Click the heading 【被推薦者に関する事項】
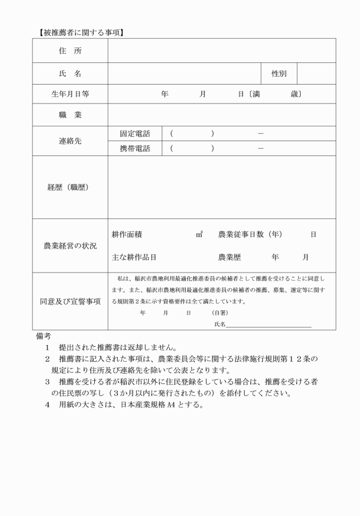pos(78,33)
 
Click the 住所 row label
pos(70,51)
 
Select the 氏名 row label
pos(70,74)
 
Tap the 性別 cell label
pos(279,74)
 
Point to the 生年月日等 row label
pos(70,94)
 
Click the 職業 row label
pos(70,115)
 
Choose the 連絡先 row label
pos(70,141)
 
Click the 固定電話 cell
pos(135,134)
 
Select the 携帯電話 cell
pos(135,149)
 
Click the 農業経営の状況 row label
pos(70,246)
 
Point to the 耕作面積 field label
pos(127,234)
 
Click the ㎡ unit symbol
pos(199,234)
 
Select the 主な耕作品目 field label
pos(134,257)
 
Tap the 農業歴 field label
pos(230,257)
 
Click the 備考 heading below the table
pos(43,336)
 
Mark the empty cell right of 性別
pos(316,74)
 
